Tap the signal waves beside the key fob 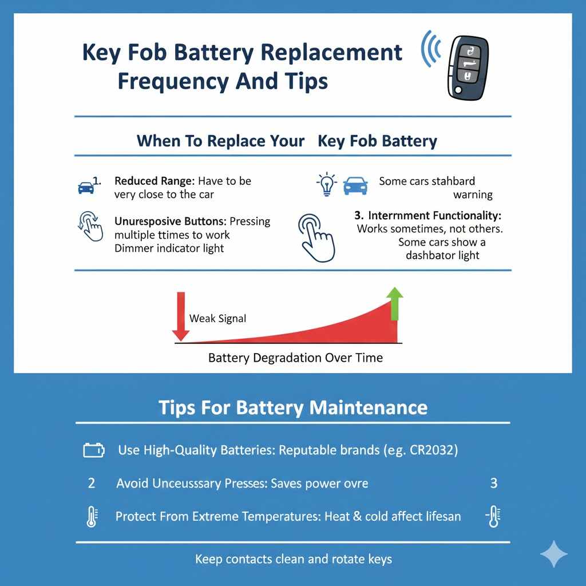coord(430,49)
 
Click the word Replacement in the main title coord(331,53)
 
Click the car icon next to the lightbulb coord(355,185)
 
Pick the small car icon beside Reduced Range coord(86,187)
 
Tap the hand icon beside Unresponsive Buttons coord(90,226)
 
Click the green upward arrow coord(395,303)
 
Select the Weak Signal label coord(217,318)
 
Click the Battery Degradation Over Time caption coord(295,358)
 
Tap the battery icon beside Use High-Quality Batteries coord(94,451)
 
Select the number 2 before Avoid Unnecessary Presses coord(92,483)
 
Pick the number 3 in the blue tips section coord(493,483)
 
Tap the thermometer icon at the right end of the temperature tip coord(492,517)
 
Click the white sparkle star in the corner coord(553,554)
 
